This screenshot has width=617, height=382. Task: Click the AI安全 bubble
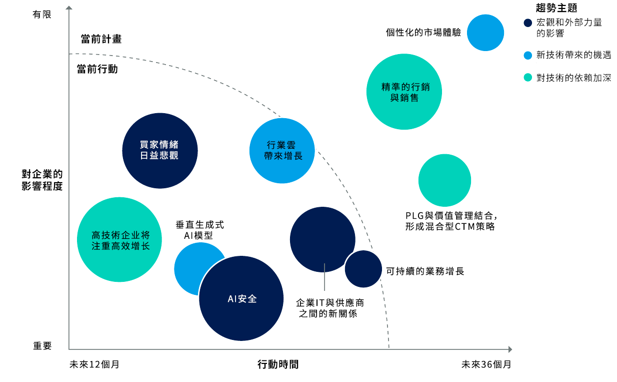241,298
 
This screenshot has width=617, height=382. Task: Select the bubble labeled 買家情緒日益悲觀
160,151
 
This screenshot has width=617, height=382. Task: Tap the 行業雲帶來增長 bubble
282,151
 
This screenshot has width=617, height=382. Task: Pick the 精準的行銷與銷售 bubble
404,92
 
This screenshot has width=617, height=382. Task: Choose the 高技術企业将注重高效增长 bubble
119,239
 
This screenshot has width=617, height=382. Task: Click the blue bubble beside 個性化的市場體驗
485,33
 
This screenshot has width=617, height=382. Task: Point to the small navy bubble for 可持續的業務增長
363,269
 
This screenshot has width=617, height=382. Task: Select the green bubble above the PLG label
444,180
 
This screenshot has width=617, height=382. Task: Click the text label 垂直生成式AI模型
199,230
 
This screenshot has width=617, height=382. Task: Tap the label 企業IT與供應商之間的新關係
329,308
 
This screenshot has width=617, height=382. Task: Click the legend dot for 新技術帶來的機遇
528,55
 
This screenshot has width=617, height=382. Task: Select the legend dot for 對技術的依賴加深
528,78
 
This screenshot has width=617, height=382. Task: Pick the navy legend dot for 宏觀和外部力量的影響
528,23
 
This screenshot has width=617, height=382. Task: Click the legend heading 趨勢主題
556,8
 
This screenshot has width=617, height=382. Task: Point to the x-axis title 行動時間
278,364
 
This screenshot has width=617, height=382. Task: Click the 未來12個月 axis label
94,364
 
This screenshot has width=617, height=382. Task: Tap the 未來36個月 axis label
486,364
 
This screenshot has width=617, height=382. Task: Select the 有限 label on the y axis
42,15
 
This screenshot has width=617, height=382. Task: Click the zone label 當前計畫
101,39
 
